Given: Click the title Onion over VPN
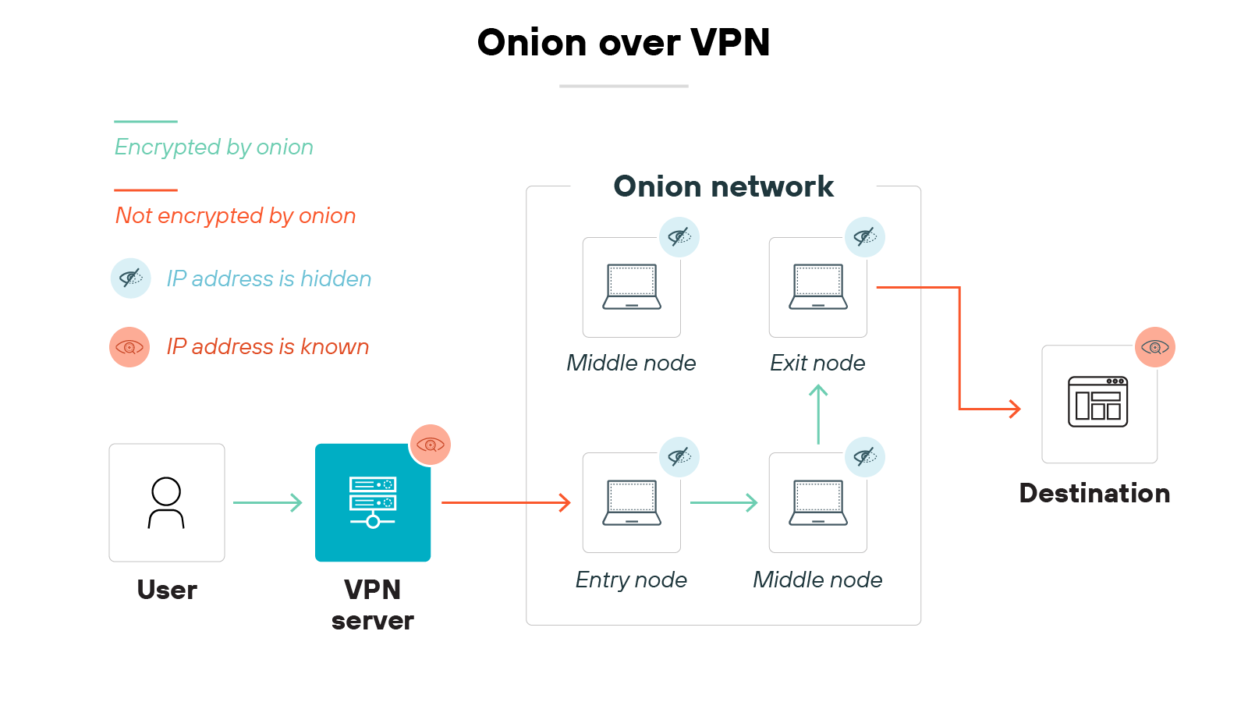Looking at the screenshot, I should (623, 42).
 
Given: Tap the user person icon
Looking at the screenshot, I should (166, 503).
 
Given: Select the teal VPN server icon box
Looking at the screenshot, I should (373, 503).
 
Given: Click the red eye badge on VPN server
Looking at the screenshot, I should (431, 445).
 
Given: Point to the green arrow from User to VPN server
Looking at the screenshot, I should (268, 502).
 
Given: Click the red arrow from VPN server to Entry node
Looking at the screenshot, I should (505, 502).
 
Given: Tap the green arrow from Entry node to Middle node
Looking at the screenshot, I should (724, 502).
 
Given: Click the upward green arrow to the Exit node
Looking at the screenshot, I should (818, 414).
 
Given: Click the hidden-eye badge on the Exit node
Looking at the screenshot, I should (865, 237).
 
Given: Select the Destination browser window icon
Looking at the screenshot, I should (1098, 402).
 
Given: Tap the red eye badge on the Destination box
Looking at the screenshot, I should (1155, 347).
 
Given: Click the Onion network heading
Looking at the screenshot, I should (723, 186).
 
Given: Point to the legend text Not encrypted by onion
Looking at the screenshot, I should (236, 215).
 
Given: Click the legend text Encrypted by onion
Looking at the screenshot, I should (214, 147).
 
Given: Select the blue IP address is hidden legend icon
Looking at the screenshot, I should (131, 278).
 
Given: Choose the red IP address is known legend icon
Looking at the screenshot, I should (129, 347).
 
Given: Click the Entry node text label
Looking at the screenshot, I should (631, 580).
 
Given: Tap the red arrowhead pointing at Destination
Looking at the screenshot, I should (1015, 409).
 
